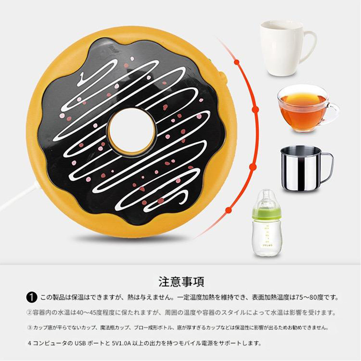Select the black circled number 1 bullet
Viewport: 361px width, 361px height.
pyautogui.click(x=32, y=298)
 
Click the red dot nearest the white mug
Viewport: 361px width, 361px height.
pyautogui.click(x=237, y=62)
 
